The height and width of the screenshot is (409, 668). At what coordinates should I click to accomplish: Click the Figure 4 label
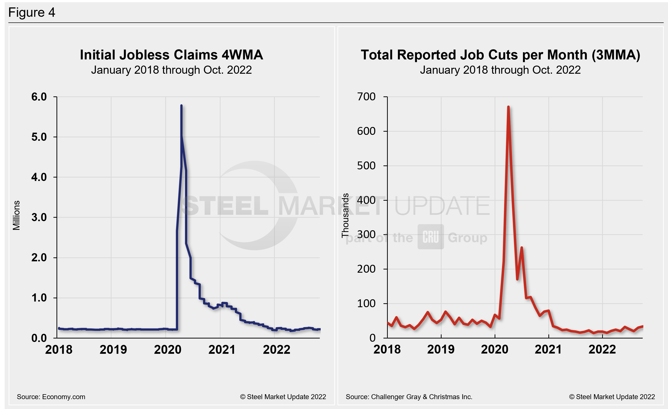pyautogui.click(x=32, y=13)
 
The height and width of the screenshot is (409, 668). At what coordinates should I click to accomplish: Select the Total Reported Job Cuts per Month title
pyautogui.click(x=500, y=55)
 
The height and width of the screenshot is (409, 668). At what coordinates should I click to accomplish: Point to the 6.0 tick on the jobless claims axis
pyautogui.click(x=39, y=97)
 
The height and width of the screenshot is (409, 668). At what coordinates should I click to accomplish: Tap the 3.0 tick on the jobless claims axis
pyautogui.click(x=39, y=217)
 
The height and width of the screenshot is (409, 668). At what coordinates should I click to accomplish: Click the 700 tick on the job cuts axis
pyautogui.click(x=366, y=97)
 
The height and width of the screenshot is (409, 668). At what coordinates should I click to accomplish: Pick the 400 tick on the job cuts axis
pyautogui.click(x=366, y=200)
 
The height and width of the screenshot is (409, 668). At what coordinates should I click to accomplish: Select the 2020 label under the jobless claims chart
pyautogui.click(x=167, y=350)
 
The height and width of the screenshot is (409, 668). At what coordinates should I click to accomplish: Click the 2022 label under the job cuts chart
pyautogui.click(x=602, y=350)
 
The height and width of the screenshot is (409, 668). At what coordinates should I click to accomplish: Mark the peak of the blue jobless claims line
pyautogui.click(x=181, y=106)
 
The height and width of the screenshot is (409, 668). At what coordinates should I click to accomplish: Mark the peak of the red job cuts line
pyautogui.click(x=508, y=107)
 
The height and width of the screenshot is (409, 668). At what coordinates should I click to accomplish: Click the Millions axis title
pyautogui.click(x=16, y=215)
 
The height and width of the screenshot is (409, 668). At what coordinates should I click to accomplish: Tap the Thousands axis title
pyautogui.click(x=345, y=215)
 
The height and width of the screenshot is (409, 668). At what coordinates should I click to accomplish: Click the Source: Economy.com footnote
pyautogui.click(x=51, y=397)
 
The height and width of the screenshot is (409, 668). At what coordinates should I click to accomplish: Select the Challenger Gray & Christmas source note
pyautogui.click(x=409, y=397)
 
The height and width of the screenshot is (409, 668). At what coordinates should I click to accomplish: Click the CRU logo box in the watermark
pyautogui.click(x=430, y=237)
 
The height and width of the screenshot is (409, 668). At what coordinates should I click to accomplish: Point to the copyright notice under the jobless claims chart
pyautogui.click(x=283, y=397)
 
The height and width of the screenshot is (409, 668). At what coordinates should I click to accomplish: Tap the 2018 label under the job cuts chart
pyautogui.click(x=387, y=350)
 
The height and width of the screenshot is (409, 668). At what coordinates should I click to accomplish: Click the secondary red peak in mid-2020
pyautogui.click(x=522, y=248)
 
